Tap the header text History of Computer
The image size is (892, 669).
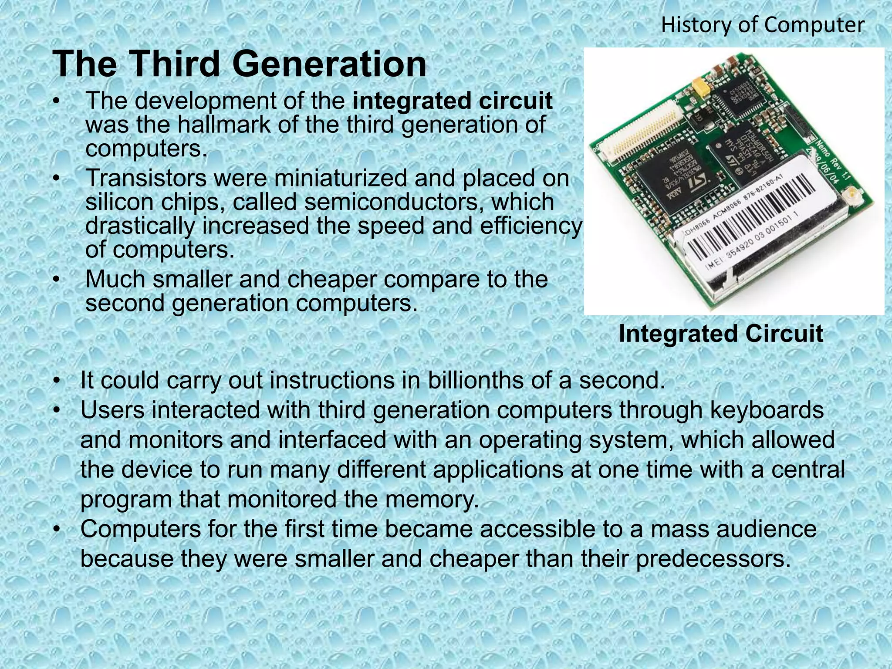[x=763, y=25]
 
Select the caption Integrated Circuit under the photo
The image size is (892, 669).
[x=721, y=334]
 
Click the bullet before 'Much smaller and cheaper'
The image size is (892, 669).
[x=56, y=280]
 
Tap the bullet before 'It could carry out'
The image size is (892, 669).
[x=56, y=381]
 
